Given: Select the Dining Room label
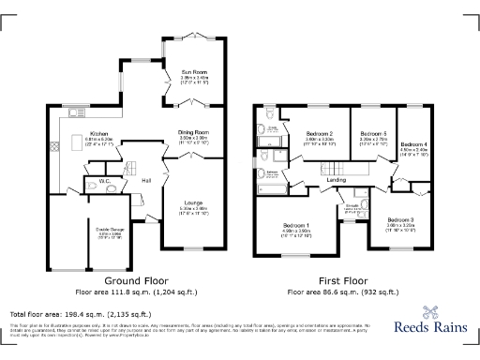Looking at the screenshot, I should tap(193, 133).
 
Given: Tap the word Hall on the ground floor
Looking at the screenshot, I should tap(147, 181).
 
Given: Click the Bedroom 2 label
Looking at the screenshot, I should tap(320, 134).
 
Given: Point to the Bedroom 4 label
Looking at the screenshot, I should tap(413, 144).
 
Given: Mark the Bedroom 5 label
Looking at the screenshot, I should tap(372, 134).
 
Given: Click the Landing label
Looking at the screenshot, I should tap(337, 179).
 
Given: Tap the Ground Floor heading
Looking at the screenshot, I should tap(127, 280).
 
